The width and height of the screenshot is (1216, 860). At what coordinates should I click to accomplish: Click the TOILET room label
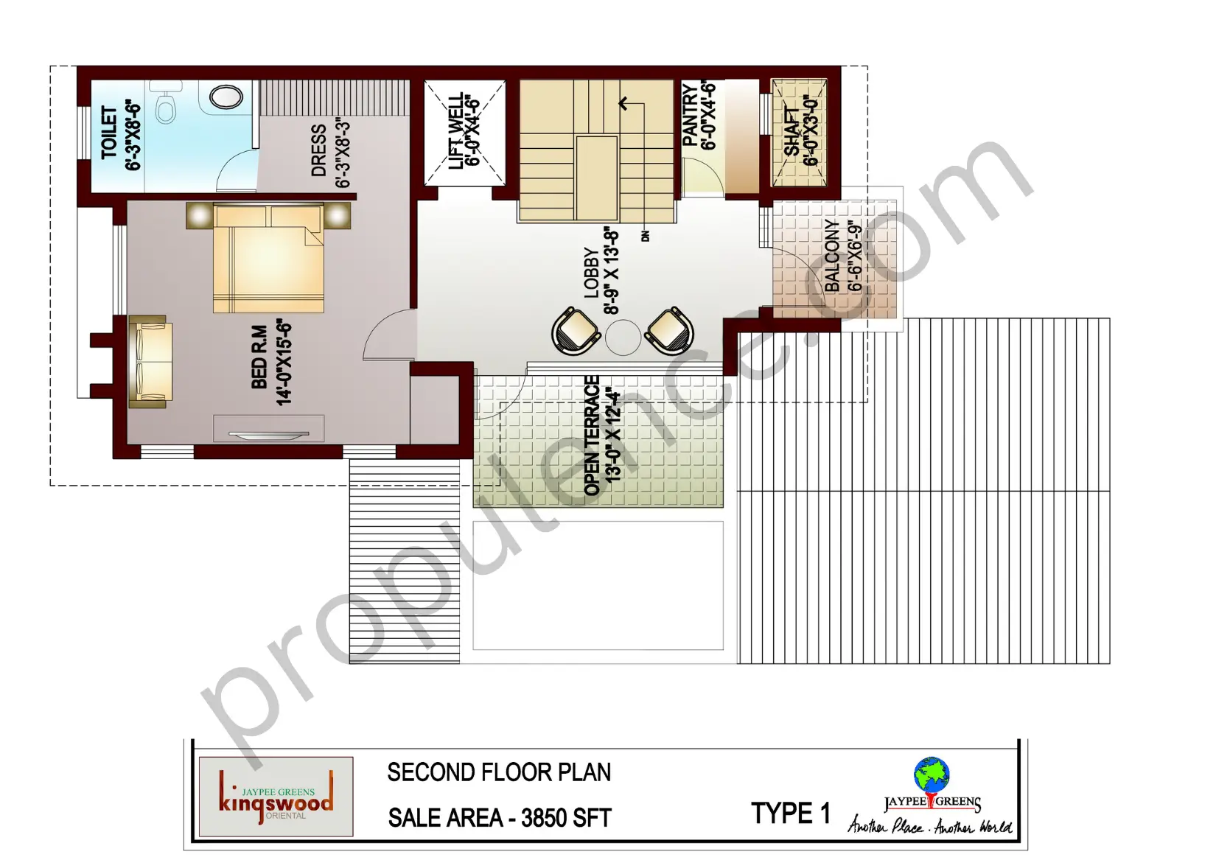click(109, 133)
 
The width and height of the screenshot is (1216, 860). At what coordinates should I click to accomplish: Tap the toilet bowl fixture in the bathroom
click(167, 108)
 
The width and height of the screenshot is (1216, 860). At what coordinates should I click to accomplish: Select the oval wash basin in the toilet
click(226, 97)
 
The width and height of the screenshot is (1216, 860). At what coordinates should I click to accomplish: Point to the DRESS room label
click(319, 151)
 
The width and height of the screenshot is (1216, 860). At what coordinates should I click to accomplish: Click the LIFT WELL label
click(457, 131)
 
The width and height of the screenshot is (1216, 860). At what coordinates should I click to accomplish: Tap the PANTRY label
click(691, 116)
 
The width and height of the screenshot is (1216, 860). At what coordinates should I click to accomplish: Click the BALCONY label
click(832, 256)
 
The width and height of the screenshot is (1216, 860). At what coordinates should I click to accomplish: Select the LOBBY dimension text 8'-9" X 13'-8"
click(612, 270)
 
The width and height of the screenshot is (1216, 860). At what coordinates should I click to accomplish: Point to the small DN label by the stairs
click(646, 236)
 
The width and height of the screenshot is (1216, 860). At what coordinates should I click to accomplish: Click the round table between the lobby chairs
click(623, 338)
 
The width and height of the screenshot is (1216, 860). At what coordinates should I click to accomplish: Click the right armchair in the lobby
click(669, 331)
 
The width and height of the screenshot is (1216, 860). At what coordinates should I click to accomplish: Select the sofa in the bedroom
click(150, 362)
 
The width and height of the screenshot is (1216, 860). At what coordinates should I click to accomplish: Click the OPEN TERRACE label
click(592, 435)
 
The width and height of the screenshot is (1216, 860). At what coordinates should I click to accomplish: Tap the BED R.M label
click(259, 357)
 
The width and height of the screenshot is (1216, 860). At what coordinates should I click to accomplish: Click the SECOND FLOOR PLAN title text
click(499, 772)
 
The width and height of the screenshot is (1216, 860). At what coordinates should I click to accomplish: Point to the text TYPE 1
click(790, 814)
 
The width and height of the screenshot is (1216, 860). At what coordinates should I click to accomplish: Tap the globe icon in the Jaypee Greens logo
click(932, 775)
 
